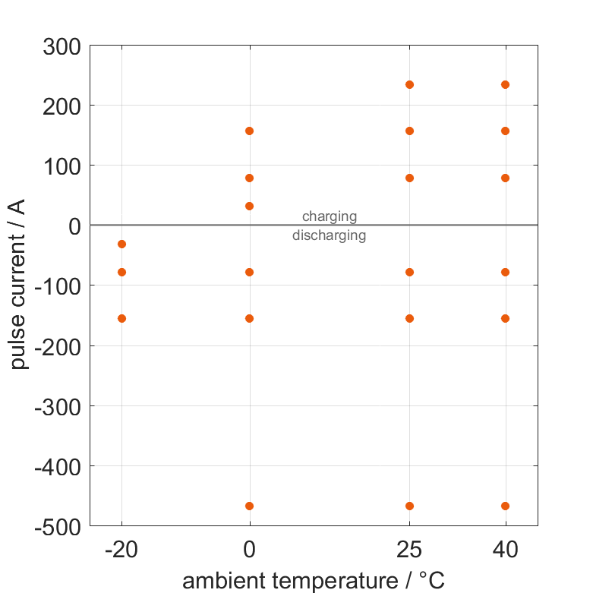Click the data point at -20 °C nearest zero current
pyautogui.click(x=121, y=244)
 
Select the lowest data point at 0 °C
pyautogui.click(x=249, y=506)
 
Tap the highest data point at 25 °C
pyautogui.click(x=409, y=84)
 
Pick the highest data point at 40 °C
pyautogui.click(x=505, y=84)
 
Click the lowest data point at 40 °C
pyautogui.click(x=505, y=506)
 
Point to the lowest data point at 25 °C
pyautogui.click(x=409, y=506)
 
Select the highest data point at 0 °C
pyautogui.click(x=249, y=131)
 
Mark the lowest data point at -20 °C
pyautogui.click(x=121, y=318)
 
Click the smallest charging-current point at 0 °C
pyautogui.click(x=249, y=206)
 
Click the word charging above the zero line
pyautogui.click(x=330, y=217)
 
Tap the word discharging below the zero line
pyautogui.click(x=330, y=235)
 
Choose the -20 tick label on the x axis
pyautogui.click(x=121, y=550)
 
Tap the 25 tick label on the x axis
pyautogui.click(x=409, y=550)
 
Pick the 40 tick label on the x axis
pyautogui.click(x=505, y=550)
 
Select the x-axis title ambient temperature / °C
pyautogui.click(x=314, y=581)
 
